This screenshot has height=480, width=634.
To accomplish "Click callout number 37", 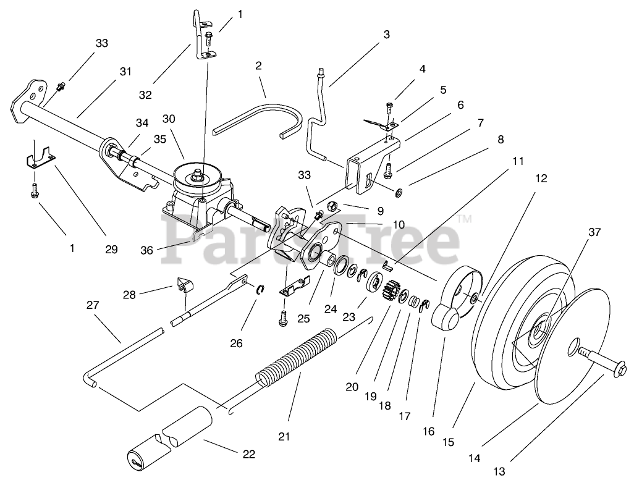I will coord(594,232).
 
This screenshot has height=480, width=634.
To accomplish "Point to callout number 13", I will coord(499,472).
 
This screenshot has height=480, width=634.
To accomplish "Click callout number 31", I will coord(126,72).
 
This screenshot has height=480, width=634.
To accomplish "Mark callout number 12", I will coord(541,179).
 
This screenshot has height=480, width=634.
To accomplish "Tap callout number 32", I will coord(145,95).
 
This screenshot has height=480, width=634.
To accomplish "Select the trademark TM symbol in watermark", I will coord(466,219).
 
